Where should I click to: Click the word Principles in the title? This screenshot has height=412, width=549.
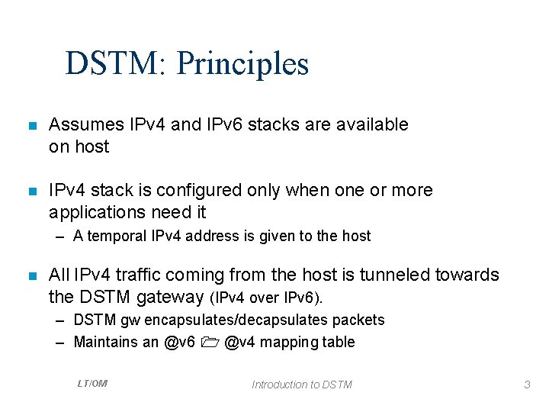pyautogui.click(x=242, y=63)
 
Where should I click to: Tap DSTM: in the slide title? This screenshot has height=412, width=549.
pyautogui.click(x=117, y=63)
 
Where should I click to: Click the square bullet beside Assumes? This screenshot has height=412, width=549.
pyautogui.click(x=31, y=125)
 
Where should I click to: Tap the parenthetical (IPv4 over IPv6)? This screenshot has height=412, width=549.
pyautogui.click(x=271, y=296)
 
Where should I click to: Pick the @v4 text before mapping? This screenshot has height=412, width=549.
pyautogui.click(x=241, y=342)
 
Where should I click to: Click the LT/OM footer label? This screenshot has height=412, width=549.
pyautogui.click(x=92, y=384)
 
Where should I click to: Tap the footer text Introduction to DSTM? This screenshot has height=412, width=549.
pyautogui.click(x=302, y=385)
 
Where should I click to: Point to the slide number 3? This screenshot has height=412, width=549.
pyautogui.click(x=527, y=385)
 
